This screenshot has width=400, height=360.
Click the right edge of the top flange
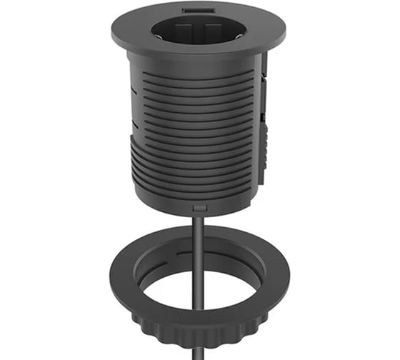pos(283,32)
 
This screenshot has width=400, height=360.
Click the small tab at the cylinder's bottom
pos(200,207)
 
